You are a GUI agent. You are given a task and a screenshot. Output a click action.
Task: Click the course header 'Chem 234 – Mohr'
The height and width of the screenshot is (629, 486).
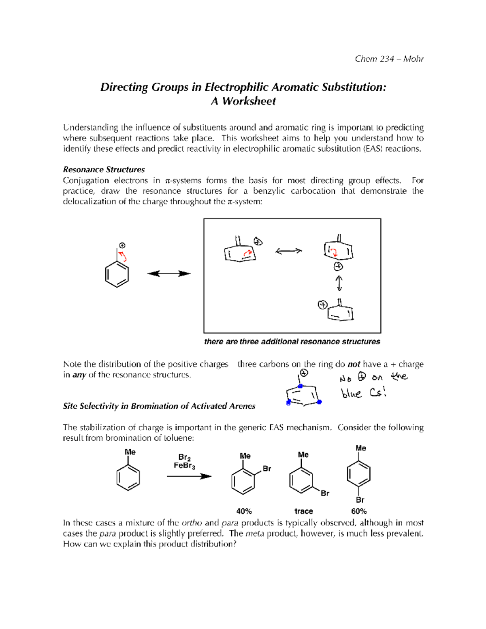point(389,59)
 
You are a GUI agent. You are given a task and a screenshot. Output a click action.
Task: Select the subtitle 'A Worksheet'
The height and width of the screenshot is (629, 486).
point(243,101)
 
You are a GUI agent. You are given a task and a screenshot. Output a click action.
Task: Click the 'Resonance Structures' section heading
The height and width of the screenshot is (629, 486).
point(104,170)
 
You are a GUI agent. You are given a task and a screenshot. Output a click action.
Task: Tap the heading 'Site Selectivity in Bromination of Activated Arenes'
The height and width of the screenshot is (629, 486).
point(159,406)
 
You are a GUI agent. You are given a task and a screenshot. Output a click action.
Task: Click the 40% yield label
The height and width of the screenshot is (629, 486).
point(244,511)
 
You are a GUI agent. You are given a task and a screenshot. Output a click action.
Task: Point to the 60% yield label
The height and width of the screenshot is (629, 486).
point(359,511)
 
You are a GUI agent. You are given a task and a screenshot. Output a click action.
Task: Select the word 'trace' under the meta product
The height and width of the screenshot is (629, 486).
point(303,511)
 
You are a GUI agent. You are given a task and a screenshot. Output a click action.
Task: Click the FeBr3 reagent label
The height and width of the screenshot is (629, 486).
point(184,466)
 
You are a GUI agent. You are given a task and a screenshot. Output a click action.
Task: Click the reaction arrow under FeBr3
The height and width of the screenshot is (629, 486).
point(189,476)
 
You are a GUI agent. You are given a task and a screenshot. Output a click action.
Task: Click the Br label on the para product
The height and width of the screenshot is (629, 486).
point(360,500)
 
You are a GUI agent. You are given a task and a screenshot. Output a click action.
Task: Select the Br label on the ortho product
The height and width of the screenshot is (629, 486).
point(266,469)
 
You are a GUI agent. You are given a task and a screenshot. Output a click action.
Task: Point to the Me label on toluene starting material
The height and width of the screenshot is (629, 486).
point(130,452)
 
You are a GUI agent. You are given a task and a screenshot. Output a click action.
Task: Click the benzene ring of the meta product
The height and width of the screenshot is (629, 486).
point(301,481)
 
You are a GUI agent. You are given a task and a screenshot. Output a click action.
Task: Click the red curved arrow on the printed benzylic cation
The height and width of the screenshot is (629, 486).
point(122,256)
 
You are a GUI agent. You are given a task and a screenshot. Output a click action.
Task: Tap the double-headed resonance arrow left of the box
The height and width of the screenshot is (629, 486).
point(168,274)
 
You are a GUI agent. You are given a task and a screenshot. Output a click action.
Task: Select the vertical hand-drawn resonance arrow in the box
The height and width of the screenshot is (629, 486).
point(339,283)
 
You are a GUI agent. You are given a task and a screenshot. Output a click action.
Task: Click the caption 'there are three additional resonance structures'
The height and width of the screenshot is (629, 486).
point(292,342)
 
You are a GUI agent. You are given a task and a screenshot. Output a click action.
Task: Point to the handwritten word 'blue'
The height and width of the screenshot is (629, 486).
point(351,393)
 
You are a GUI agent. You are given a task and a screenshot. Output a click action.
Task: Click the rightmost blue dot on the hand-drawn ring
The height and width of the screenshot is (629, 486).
point(319,402)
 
